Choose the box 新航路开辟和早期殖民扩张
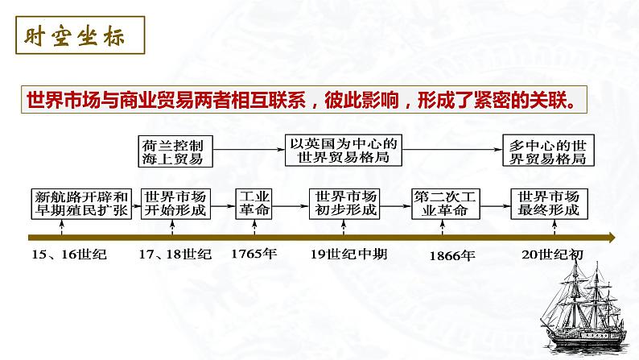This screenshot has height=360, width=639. pos(81,203)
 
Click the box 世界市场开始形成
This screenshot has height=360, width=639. pos(175,203)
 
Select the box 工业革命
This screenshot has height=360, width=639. pos(257,203)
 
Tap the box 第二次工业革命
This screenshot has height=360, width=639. pos(442,203)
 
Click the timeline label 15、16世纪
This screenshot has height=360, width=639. pos(69,254)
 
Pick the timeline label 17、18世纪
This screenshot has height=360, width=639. pos(175,254)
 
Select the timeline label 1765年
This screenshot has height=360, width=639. pos(254,254)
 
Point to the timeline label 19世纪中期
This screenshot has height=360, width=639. pos(348,254)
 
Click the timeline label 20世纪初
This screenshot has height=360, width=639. pos(552,254)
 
